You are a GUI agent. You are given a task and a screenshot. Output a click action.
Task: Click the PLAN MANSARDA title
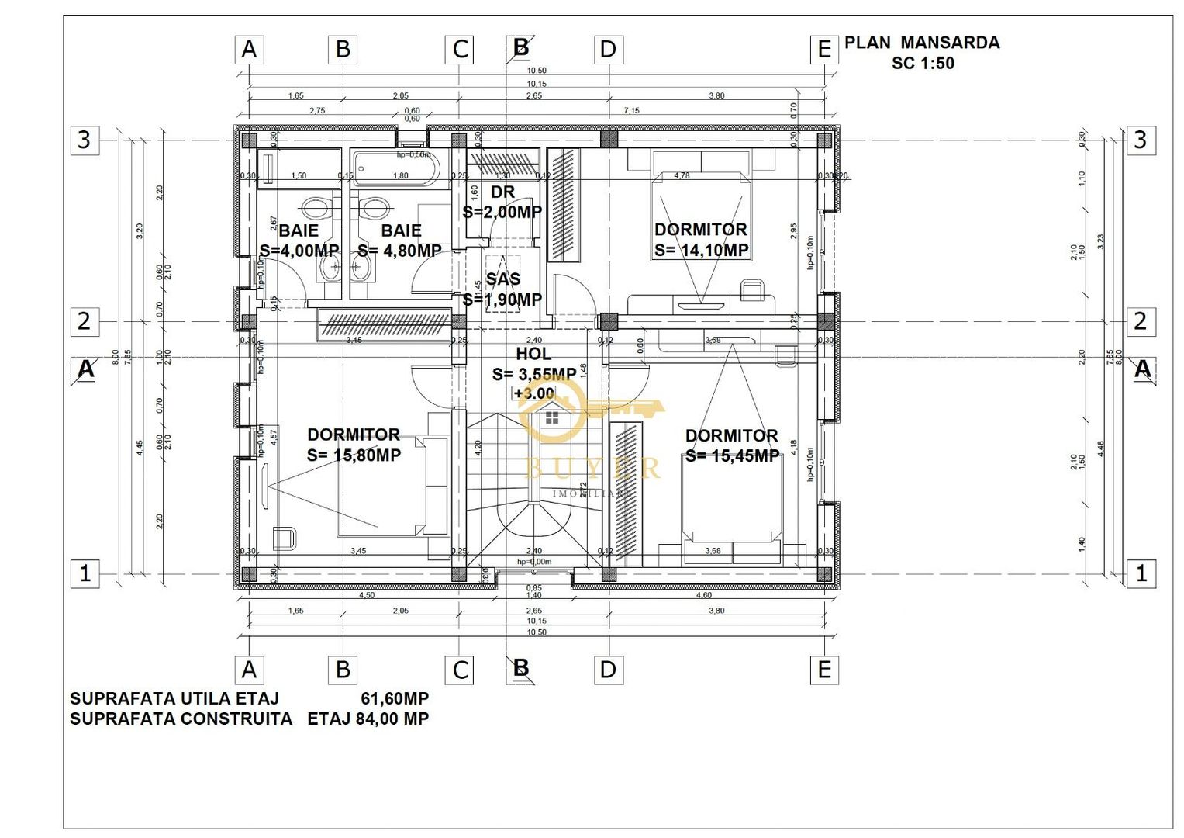(921, 43)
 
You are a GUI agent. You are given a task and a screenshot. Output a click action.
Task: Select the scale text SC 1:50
(922, 64)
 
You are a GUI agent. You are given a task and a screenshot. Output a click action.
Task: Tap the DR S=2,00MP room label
(502, 203)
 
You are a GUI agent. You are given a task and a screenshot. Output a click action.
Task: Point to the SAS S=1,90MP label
(502, 289)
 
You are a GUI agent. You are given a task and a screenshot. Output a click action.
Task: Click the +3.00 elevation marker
(533, 393)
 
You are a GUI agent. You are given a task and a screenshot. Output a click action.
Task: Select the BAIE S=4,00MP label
(299, 241)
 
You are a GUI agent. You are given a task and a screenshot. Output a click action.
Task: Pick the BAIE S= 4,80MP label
(400, 241)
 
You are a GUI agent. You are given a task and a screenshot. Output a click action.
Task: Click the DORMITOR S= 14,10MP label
(701, 240)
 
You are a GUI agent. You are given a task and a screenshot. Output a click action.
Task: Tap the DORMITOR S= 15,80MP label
(354, 445)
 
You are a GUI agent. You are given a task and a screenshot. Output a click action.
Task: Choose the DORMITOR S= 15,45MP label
(731, 446)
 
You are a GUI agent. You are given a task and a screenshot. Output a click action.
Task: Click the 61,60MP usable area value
(394, 698)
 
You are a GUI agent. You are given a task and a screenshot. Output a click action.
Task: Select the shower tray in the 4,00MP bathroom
(299, 168)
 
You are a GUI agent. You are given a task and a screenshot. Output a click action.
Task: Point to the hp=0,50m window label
(413, 154)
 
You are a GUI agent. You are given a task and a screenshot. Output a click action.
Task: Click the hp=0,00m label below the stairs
(534, 562)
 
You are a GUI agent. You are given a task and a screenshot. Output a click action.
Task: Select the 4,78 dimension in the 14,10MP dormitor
(682, 176)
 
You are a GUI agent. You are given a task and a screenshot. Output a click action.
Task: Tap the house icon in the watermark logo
(551, 419)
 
